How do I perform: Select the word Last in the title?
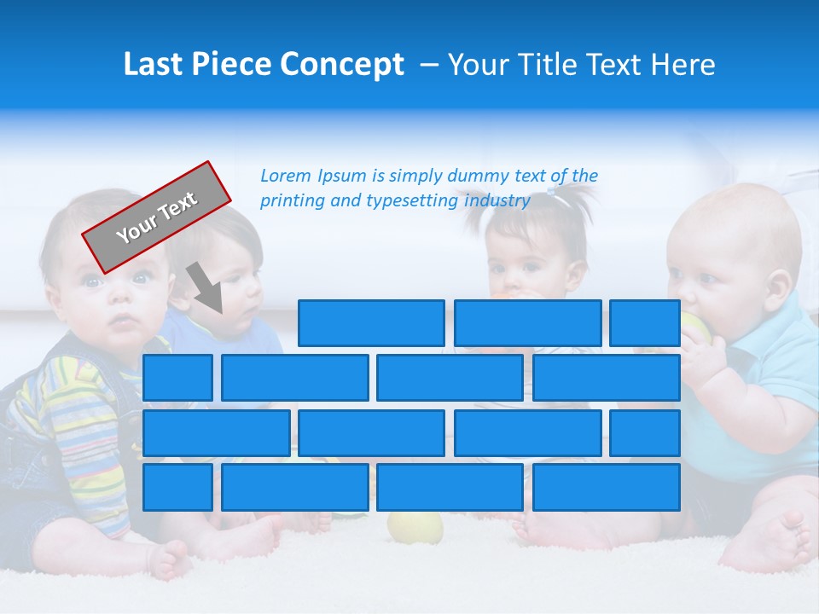[x=153, y=65]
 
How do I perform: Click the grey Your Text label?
[x=156, y=217]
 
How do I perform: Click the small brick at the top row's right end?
[x=644, y=323]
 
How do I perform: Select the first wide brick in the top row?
[x=371, y=323]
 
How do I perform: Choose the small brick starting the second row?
[x=177, y=378]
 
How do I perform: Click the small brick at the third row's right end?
[x=644, y=433]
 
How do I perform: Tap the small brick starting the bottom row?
[x=177, y=488]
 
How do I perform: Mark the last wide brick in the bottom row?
[x=606, y=488]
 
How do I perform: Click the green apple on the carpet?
[x=415, y=528]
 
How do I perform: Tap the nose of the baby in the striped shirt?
[x=120, y=301]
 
